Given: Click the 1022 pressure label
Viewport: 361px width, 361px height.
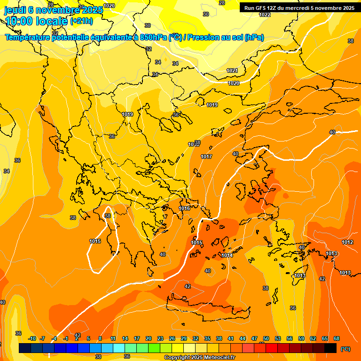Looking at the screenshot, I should click(265, 15).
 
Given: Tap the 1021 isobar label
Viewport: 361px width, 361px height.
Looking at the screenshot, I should click(233, 71).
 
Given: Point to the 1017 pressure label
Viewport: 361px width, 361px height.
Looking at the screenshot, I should click(206, 157).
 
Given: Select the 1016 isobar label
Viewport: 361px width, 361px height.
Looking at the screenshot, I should click(184, 208).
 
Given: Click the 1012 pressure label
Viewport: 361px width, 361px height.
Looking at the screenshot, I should click(347, 242).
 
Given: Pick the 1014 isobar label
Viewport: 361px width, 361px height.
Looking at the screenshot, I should click(227, 255).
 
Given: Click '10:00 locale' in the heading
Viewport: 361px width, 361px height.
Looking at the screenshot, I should click(36, 21).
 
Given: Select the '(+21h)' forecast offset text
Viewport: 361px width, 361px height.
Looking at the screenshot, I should click(81, 21).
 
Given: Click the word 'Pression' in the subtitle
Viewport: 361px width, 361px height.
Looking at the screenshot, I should click(204, 38).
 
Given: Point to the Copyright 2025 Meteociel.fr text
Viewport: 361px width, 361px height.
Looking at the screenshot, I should click(200, 357).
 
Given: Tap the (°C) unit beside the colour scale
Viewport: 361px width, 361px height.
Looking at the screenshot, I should click(345, 349).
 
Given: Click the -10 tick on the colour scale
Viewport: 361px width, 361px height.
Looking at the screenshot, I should click(32, 339).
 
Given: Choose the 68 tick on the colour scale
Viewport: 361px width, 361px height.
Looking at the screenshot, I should click(337, 339).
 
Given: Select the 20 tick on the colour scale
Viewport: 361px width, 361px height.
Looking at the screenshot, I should click(149, 339).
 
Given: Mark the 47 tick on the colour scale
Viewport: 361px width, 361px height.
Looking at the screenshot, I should click(254, 339).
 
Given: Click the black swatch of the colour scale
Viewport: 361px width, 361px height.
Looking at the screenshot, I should click(330, 348).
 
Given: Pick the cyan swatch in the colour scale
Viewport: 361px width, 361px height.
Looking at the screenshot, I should click(119, 348).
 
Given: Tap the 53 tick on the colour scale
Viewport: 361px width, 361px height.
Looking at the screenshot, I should click(278, 339).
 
